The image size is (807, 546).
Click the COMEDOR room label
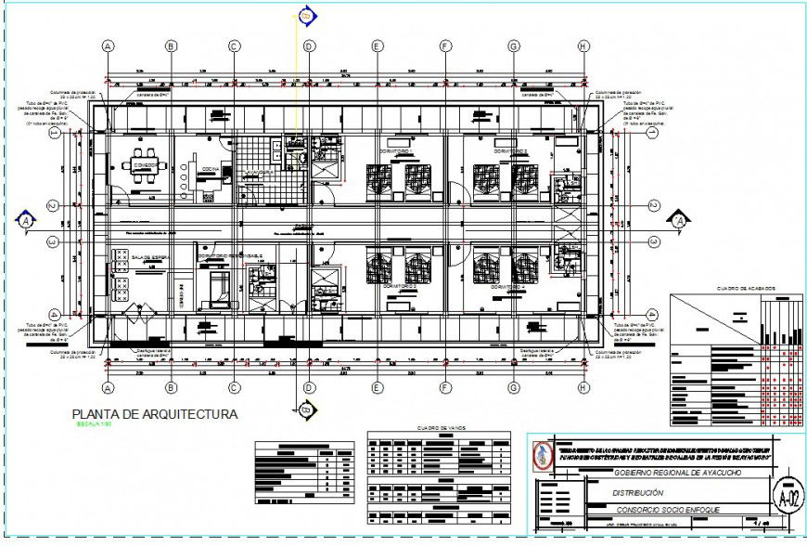click(x=145, y=166)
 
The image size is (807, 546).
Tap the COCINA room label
click(x=211, y=169)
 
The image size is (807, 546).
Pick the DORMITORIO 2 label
click(x=511, y=150)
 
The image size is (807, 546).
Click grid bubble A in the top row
click(x=109, y=45)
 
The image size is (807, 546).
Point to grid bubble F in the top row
click(x=445, y=45)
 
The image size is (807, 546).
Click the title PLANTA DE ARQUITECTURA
click(x=155, y=414)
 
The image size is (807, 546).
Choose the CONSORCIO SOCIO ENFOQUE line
click(x=660, y=510)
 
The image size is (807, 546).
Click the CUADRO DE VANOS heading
click(x=439, y=427)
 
